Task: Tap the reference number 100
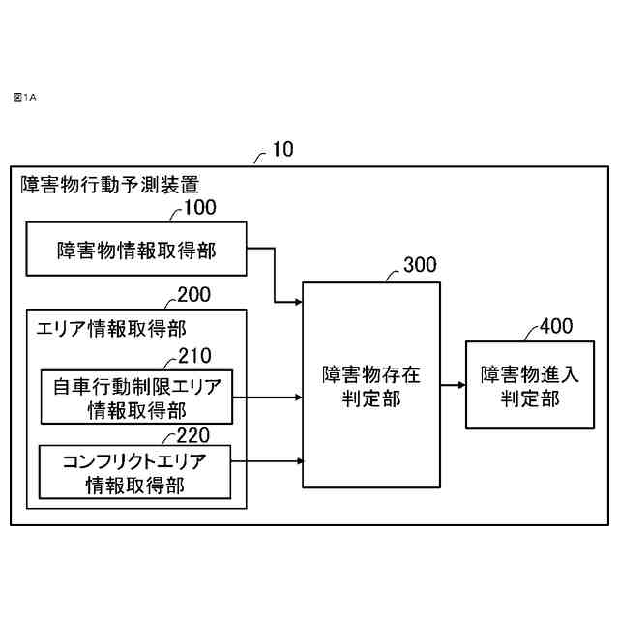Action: [200, 206]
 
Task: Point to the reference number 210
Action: [194, 355]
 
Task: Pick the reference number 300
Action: [419, 265]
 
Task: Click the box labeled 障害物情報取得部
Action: [135, 250]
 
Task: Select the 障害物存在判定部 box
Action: [371, 384]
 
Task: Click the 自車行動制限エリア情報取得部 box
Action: [135, 397]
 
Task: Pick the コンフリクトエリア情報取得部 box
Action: [135, 472]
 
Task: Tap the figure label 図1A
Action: [24, 97]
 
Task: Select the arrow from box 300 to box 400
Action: [453, 385]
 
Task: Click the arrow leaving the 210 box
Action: [268, 397]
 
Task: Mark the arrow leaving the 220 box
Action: [268, 462]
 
